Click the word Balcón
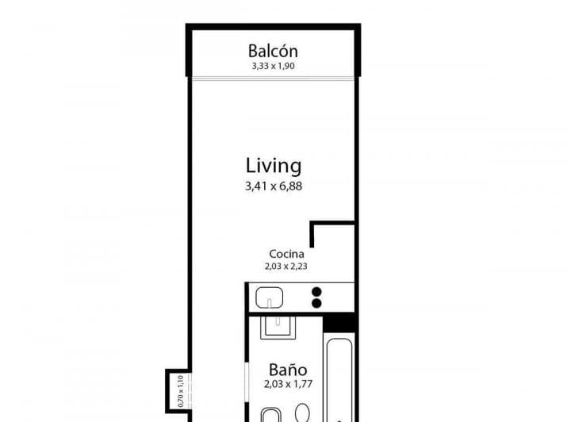click(273, 50)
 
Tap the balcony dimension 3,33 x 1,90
click(273, 67)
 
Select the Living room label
click(273, 166)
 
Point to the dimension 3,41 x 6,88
click(273, 187)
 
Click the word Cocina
click(285, 255)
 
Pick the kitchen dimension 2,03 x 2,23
click(285, 267)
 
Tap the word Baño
click(287, 370)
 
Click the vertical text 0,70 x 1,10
click(180, 390)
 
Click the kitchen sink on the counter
click(270, 300)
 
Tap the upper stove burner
click(317, 291)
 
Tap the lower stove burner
click(317, 303)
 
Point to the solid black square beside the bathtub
click(339, 323)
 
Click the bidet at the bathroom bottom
click(270, 415)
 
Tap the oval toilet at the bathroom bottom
click(303, 414)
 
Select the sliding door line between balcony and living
click(273, 78)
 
